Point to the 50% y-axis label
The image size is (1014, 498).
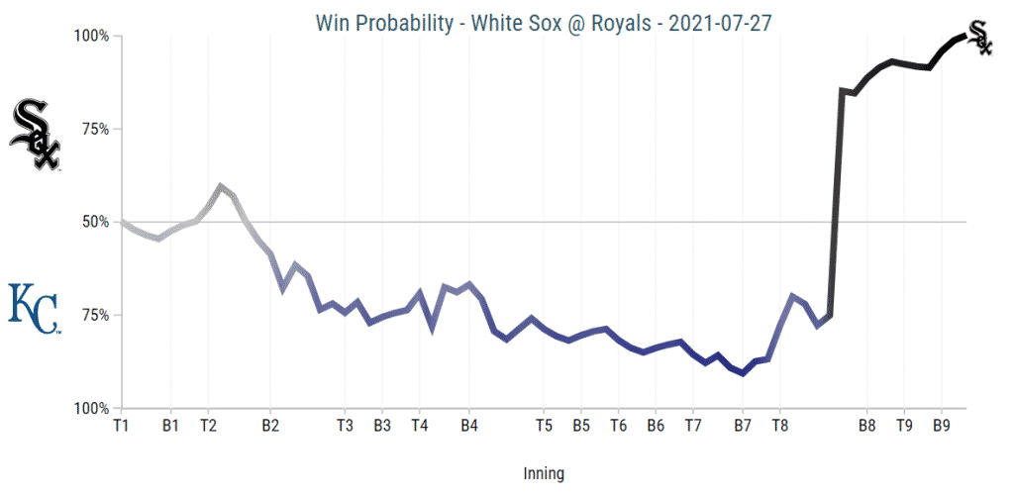coord(96,222)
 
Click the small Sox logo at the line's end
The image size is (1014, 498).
coord(978,37)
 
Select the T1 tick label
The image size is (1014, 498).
coord(121,426)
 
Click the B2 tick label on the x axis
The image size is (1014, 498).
coord(270,426)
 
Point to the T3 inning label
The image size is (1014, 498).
coord(345,426)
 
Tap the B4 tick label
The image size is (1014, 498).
coord(469,426)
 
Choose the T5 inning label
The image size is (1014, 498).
coord(544,426)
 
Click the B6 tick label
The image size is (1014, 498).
coord(656,426)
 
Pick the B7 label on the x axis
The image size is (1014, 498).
coord(742,426)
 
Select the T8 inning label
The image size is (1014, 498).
coord(779,426)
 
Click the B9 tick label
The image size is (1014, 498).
coord(942,426)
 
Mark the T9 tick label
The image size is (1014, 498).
coord(904,426)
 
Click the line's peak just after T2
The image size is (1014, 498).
coord(220,186)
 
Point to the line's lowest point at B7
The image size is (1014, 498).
coord(742,373)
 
